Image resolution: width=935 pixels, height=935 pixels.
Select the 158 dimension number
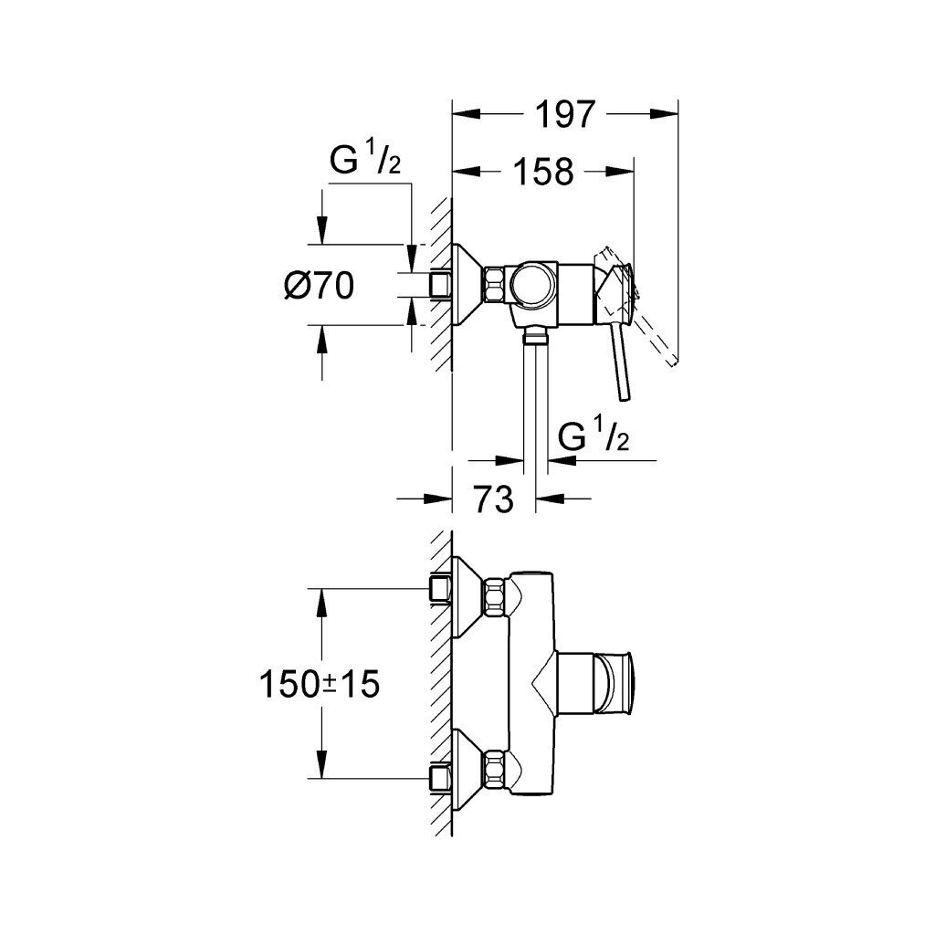pyautogui.click(x=544, y=171)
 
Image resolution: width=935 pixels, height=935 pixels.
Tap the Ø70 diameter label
pyautogui.click(x=319, y=285)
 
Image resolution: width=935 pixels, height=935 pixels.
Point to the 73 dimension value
pyautogui.click(x=494, y=499)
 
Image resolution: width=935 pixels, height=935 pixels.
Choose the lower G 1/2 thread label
pyautogui.click(x=594, y=436)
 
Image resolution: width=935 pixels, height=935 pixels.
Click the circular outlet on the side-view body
pyautogui.click(x=532, y=283)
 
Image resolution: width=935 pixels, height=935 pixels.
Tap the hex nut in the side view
pyautogui.click(x=494, y=285)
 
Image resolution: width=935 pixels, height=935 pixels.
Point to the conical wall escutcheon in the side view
pyautogui.click(x=467, y=285)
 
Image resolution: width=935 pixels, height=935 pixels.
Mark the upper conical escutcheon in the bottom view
pyautogui.click(x=467, y=596)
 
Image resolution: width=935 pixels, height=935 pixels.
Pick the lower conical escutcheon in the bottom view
pyautogui.click(x=467, y=768)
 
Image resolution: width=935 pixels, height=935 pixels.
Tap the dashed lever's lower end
pyautogui.click(x=673, y=362)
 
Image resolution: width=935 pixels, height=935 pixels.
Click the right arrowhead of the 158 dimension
pyautogui.click(x=620, y=171)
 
